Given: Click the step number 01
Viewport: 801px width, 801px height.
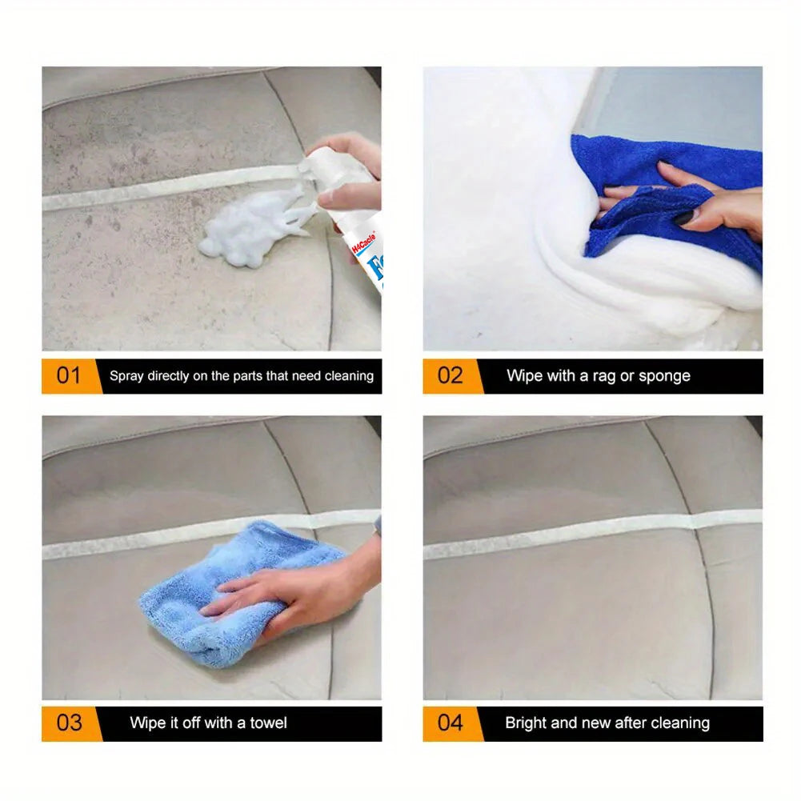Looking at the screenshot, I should pos(69,375).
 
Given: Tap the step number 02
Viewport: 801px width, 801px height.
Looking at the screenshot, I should pos(450,375).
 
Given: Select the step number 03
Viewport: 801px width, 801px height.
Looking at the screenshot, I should pos(69,723).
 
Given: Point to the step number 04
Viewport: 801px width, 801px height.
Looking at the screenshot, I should pos(450,723).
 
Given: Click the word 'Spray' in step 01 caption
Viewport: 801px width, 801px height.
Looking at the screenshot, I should pos(126,376).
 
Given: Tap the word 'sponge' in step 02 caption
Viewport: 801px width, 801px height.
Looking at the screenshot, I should pos(663,376).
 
